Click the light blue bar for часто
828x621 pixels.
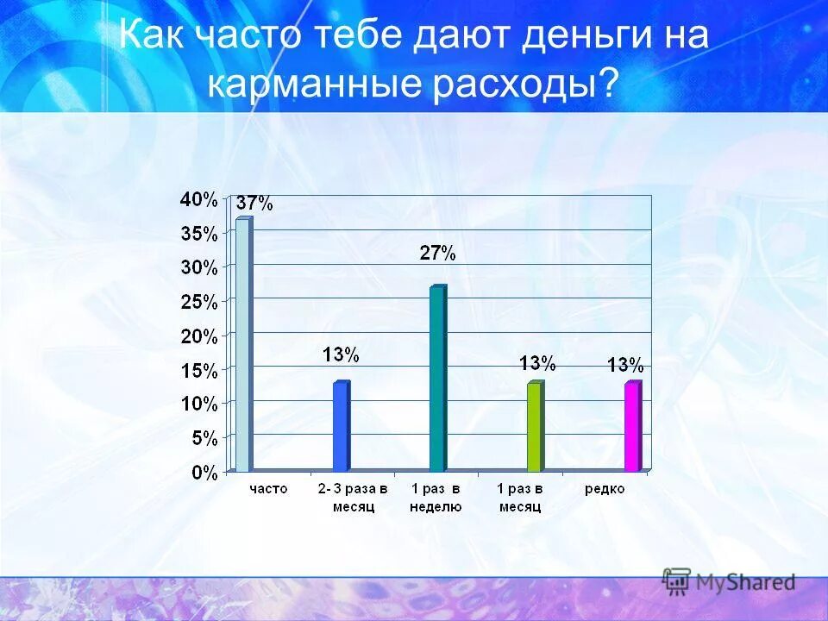pyautogui.click(x=243, y=345)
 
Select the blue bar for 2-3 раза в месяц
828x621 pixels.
pyautogui.click(x=341, y=427)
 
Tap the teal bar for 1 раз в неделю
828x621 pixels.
pyautogui.click(x=437, y=379)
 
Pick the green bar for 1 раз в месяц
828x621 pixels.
pyautogui.click(x=535, y=427)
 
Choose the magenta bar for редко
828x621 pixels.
pyautogui.click(x=632, y=427)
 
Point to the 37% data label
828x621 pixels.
pyautogui.click(x=254, y=204)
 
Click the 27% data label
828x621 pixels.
pyautogui.click(x=437, y=253)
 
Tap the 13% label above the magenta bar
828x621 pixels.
pyautogui.click(x=625, y=364)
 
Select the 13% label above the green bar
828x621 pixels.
pyautogui.click(x=537, y=363)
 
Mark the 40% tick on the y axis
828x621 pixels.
pyautogui.click(x=198, y=199)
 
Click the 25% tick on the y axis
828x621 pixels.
pyautogui.click(x=198, y=302)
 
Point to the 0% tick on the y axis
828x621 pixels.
pyautogui.click(x=204, y=472)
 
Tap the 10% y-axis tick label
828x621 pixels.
pyautogui.click(x=198, y=404)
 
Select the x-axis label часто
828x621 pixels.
pyautogui.click(x=268, y=489)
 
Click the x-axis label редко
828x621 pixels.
pyautogui.click(x=604, y=489)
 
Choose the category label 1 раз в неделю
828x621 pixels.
pyautogui.click(x=436, y=498)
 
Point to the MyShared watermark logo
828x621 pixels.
pyautogui.click(x=728, y=581)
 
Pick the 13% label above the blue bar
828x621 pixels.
pyautogui.click(x=341, y=354)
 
